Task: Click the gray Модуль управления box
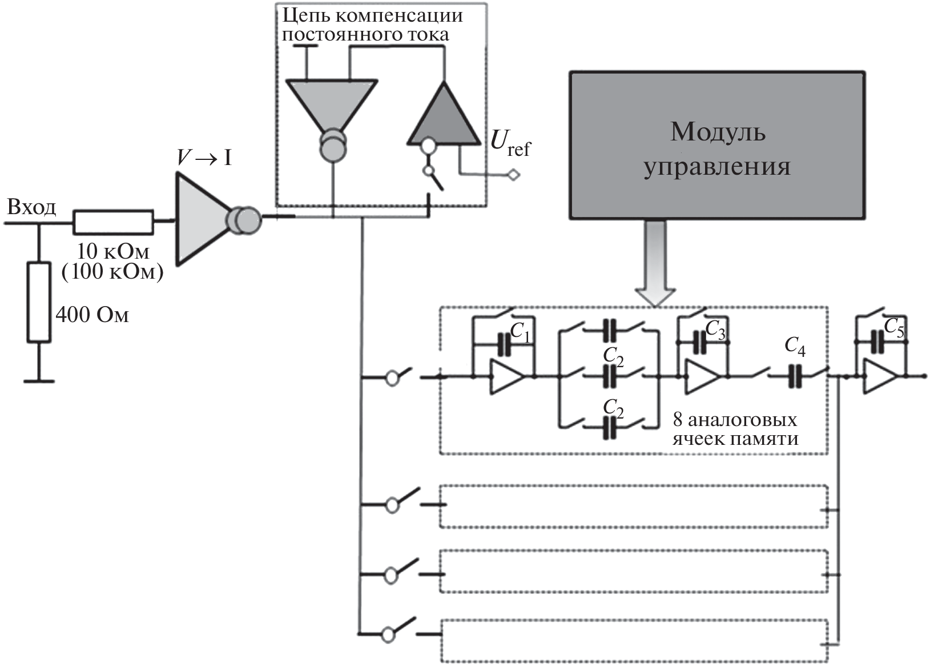716,145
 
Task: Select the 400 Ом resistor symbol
39,303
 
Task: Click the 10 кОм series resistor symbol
113,222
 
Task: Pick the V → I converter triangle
200,219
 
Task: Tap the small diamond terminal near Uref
514,175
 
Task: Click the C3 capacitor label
715,330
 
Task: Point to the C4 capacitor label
795,346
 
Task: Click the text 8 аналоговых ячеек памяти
735,429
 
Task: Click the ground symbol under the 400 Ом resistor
39,380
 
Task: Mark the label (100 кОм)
112,272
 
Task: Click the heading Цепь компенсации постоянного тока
371,25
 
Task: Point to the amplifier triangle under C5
879,376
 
